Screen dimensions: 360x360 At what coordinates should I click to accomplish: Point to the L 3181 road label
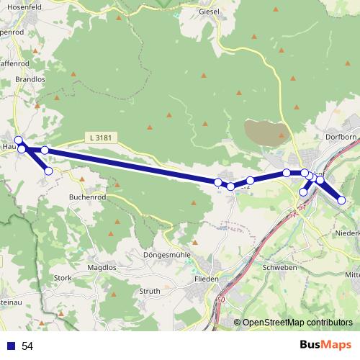click(102, 137)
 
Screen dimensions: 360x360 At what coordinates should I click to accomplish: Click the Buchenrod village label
click(89, 196)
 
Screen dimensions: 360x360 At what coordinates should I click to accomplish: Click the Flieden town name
click(207, 279)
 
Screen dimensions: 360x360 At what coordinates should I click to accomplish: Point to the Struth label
click(149, 291)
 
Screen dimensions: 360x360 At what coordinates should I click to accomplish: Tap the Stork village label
click(63, 277)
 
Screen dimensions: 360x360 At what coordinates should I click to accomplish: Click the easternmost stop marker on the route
click(342, 200)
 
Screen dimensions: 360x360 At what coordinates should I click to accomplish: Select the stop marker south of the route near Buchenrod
click(48, 171)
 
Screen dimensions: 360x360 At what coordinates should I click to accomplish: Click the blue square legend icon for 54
click(12, 346)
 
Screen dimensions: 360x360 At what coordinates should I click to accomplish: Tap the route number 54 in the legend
click(27, 346)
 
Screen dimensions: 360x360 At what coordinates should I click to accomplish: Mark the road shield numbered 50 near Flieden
click(220, 300)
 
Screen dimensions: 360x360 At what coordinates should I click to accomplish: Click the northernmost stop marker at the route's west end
click(19, 140)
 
